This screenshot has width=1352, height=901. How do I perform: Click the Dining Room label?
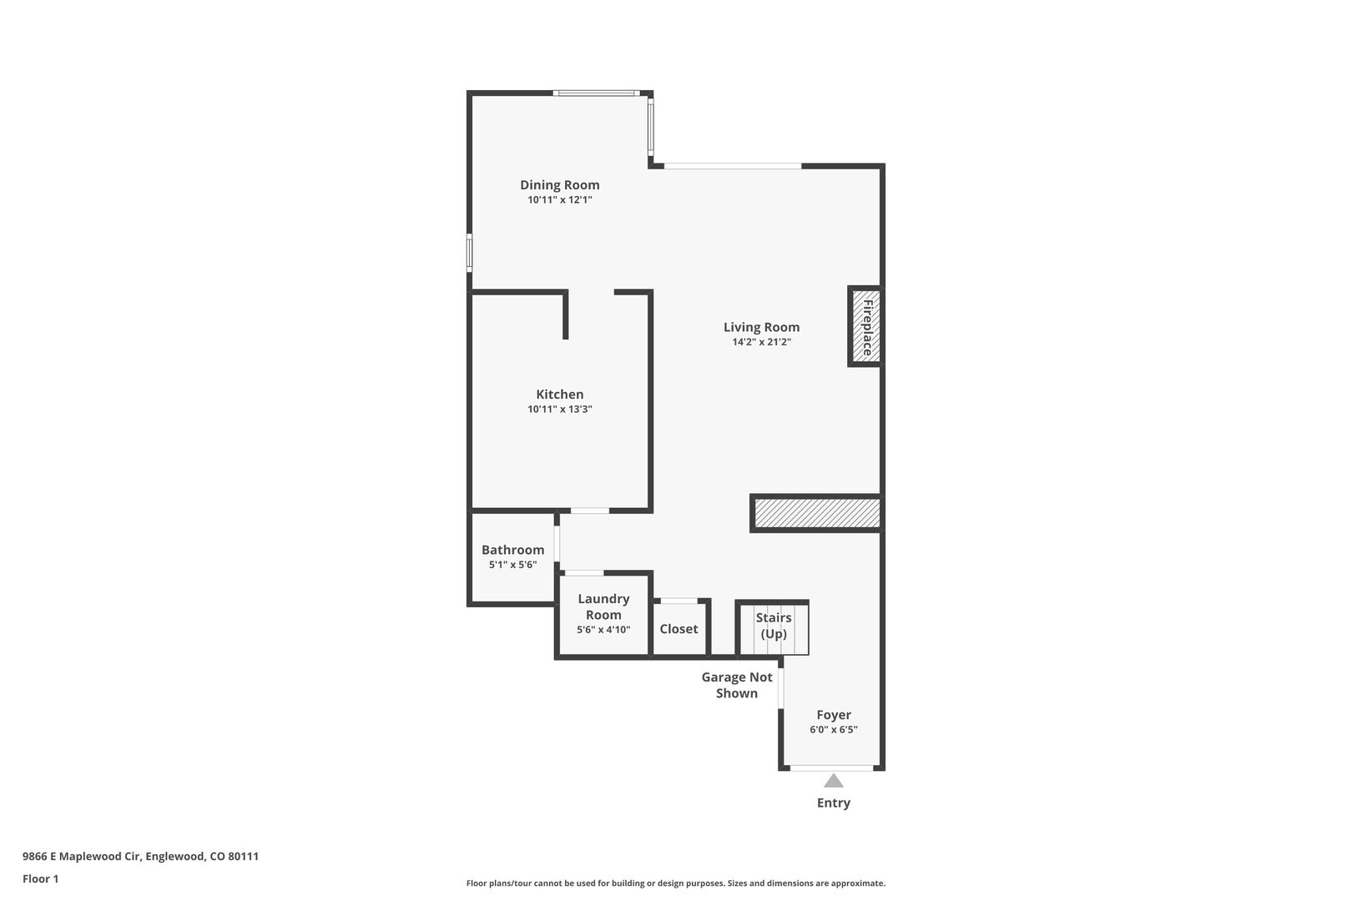[559, 185]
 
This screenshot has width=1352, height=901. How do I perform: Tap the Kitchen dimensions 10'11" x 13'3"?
[559, 409]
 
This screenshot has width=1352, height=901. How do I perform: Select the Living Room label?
[761, 328]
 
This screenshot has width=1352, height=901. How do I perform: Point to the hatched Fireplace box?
[865, 326]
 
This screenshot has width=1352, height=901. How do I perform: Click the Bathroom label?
[512, 550]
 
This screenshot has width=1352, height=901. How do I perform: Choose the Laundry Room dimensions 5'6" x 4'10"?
[603, 630]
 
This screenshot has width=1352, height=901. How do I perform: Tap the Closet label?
[679, 629]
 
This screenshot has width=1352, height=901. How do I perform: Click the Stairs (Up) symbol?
[773, 627]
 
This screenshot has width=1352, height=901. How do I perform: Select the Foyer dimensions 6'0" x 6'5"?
[834, 730]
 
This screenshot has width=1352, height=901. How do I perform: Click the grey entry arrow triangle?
[834, 782]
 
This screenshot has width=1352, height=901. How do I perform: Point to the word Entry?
[834, 803]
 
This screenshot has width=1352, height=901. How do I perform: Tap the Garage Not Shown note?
[736, 686]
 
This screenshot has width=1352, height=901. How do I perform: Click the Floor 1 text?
[40, 878]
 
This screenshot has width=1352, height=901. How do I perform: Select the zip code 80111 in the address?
[243, 856]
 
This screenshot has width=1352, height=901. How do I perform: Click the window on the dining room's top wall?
[597, 93]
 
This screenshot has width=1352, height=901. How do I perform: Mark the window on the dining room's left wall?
[469, 253]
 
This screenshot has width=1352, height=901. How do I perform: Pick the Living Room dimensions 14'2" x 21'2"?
[761, 342]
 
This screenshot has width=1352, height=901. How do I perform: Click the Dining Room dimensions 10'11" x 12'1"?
[559, 199]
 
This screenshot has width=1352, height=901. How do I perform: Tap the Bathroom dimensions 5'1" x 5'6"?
[512, 565]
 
